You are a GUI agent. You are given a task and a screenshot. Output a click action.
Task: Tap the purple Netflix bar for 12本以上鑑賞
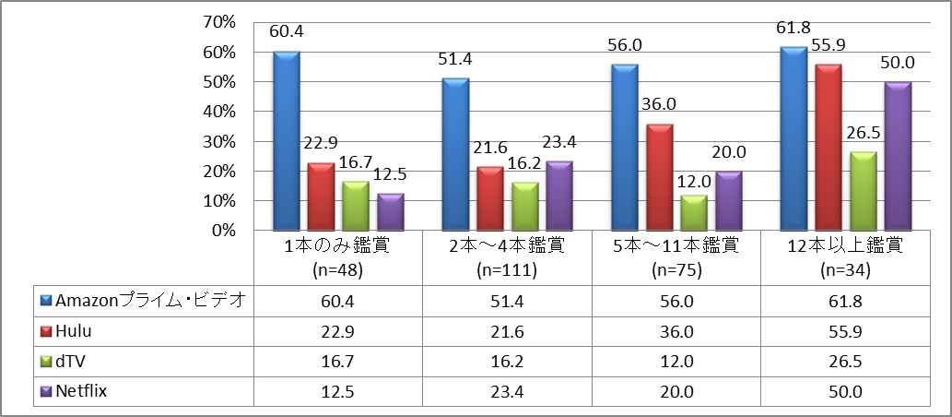point(898,156)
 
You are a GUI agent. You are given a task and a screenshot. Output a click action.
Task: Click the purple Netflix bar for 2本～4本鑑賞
point(559,196)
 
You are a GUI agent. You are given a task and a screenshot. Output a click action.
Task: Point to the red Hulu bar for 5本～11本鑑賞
point(659,177)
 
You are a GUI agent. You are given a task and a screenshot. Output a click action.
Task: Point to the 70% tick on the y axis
point(226,22)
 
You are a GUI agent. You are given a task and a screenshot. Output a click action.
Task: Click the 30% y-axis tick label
point(226,141)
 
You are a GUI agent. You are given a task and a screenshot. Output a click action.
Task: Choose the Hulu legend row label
point(76,331)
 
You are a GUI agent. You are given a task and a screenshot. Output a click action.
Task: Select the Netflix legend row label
point(82,391)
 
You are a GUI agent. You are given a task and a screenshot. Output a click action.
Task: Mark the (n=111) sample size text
point(508,270)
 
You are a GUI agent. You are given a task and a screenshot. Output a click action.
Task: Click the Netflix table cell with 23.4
point(508,391)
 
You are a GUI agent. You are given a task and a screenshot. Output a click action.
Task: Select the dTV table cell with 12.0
point(676,361)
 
